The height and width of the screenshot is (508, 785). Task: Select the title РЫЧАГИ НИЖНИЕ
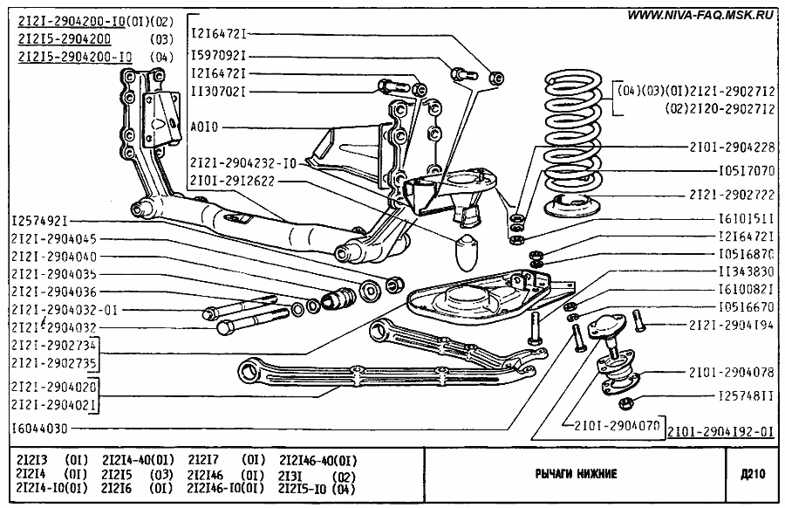point(576,474)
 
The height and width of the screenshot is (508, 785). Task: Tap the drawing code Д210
point(752,474)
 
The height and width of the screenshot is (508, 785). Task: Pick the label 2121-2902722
point(732,195)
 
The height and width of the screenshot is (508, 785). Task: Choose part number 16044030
point(41,429)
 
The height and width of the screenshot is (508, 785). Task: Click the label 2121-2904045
point(54,238)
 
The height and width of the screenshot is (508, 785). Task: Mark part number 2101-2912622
point(230,181)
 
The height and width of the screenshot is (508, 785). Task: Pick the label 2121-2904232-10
point(242,162)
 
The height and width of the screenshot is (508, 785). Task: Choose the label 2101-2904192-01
point(720,430)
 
